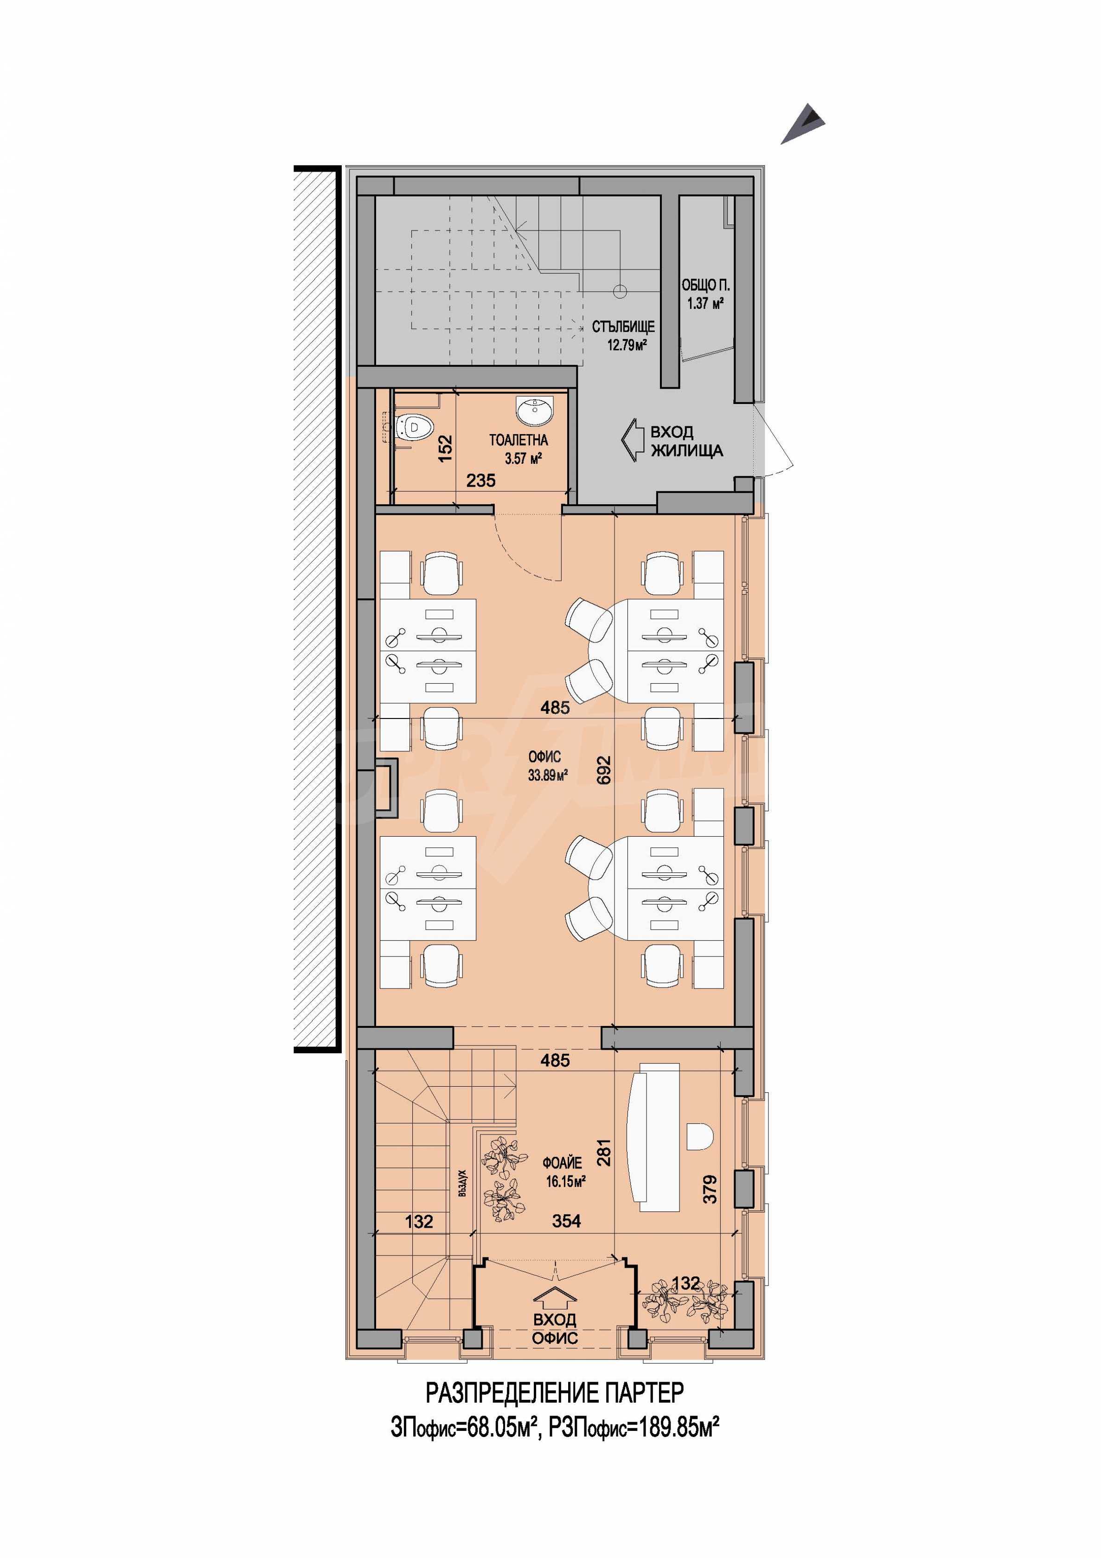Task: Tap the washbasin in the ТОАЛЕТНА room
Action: pos(535,410)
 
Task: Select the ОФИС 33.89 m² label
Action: pos(547,766)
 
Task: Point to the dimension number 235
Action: pos(481,481)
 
